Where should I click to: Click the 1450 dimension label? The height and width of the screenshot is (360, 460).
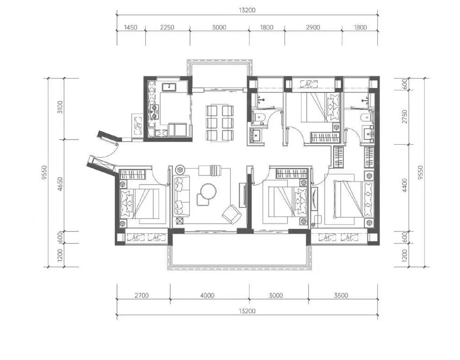131,28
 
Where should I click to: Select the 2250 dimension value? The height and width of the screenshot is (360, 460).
167,28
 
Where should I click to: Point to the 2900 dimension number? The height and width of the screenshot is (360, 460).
313,28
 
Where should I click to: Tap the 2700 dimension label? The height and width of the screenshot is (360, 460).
141,295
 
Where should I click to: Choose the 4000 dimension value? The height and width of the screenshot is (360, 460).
207,295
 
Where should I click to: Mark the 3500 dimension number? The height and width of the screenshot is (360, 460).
341,295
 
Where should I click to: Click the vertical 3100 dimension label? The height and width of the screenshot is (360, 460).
60,107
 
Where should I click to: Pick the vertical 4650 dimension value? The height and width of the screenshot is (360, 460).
60,184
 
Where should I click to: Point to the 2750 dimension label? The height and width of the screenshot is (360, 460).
404,117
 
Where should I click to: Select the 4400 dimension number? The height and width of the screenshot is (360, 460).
404,185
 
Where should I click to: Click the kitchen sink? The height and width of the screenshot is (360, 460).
169,87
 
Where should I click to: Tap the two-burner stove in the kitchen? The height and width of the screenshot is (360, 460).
154,112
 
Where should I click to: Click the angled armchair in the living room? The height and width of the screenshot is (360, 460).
232,214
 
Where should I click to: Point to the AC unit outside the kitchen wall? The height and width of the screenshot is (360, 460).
137,125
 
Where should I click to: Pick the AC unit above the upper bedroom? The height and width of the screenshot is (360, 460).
309,84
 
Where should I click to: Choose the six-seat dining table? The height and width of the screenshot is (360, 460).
220,123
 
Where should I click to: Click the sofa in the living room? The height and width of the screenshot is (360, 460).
182,196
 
